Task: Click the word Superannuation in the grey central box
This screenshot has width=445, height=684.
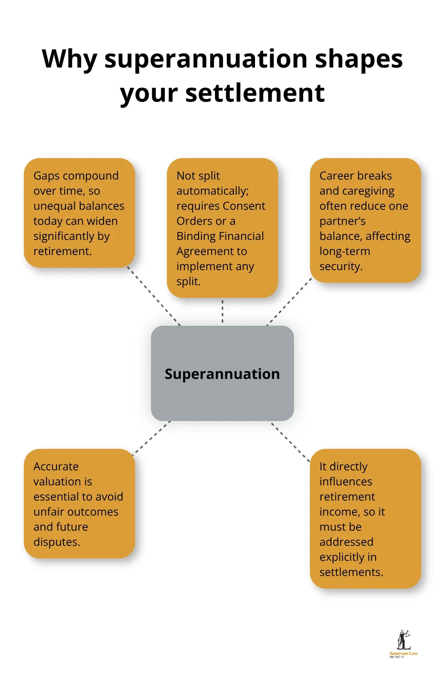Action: click(222, 374)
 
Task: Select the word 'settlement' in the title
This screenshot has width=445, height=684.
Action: click(255, 93)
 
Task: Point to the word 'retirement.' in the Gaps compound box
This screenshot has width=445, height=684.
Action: click(62, 251)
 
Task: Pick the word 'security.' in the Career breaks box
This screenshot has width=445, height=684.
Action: click(341, 267)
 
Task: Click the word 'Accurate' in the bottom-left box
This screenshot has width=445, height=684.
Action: click(56, 467)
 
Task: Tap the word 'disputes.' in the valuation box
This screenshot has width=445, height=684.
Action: click(57, 542)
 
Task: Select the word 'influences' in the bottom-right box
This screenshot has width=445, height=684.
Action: click(346, 482)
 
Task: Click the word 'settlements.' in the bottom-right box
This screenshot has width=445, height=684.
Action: click(351, 572)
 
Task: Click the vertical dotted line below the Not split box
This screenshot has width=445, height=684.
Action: click(222, 311)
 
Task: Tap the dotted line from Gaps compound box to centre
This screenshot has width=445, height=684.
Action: click(154, 296)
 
